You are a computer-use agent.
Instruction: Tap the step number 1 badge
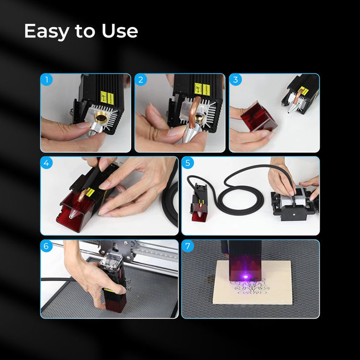(47, 80)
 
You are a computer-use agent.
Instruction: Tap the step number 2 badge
(141, 80)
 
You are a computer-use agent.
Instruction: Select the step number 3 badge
(236, 80)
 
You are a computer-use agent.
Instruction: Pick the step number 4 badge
(47, 163)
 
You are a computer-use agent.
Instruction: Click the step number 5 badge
(188, 163)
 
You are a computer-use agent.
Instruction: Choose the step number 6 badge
(47, 247)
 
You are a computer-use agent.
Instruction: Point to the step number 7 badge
(188, 247)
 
